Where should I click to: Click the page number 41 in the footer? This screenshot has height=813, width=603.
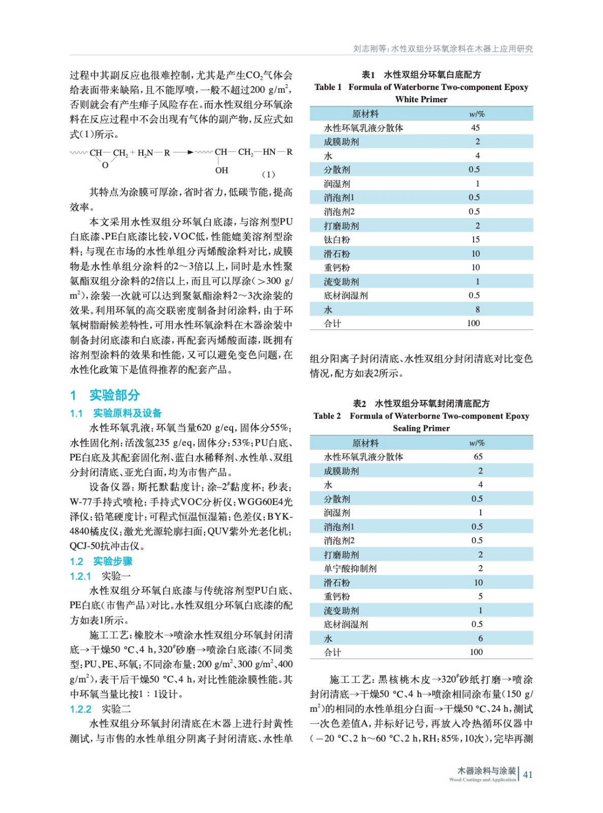coord(528,775)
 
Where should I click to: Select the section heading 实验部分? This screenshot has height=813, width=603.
coord(114,395)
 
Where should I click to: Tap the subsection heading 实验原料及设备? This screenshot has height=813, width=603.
coord(127,413)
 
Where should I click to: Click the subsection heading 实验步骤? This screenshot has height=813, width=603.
coord(113,561)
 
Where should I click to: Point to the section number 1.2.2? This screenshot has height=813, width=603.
coord(80,709)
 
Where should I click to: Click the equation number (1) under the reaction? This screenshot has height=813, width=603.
coord(268,174)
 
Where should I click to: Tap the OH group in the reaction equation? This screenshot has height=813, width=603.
coord(221,170)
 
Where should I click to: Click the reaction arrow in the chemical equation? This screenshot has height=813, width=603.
coord(184,152)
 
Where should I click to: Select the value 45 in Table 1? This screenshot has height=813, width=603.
coord(475,128)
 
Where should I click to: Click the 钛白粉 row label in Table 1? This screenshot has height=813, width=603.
coord(337,239)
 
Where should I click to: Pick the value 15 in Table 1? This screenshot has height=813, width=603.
coord(475,239)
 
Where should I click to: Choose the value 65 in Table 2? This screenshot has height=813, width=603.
coord(478,457)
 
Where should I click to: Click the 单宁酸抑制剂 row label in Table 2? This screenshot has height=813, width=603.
coord(350,569)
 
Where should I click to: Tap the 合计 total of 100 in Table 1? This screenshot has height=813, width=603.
coord(473,323)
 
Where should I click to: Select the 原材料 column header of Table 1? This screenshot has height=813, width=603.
coord(365,114)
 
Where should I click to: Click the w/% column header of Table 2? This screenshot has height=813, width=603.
coord(477,443)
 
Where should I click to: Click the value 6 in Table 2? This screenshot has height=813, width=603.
coord(480,638)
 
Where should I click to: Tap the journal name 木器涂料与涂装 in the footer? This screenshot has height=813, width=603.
coord(486,771)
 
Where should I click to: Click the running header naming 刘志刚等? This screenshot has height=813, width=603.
coord(443,49)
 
